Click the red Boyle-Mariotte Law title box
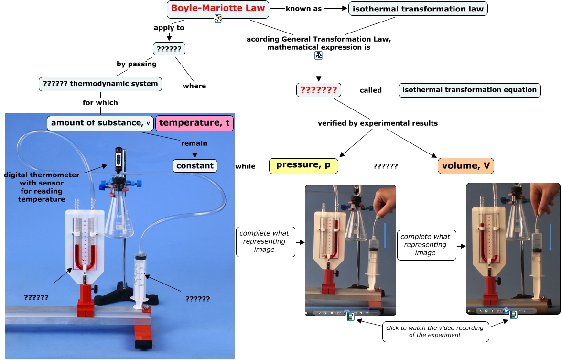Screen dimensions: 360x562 pos(218,8)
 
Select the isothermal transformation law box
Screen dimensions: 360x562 pos(418,9)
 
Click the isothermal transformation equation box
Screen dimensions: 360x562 pos(469,90)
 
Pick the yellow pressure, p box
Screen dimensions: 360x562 pos(303,166)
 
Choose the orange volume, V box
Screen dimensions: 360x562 pos(466,166)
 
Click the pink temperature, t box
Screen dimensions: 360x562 pos(195,123)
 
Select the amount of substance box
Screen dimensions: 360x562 pos(100,123)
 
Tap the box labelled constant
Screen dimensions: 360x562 pos(195,166)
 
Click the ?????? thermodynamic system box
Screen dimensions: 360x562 pos(100,84)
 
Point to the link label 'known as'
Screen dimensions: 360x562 pos(303,9)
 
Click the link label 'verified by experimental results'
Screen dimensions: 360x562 pos(378,123)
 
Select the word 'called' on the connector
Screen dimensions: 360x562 pos(371,90)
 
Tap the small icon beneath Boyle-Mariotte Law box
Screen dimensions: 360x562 pos(218,19)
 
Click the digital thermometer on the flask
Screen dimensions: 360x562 pos(119,158)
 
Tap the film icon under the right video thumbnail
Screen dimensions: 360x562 pos(513,315)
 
